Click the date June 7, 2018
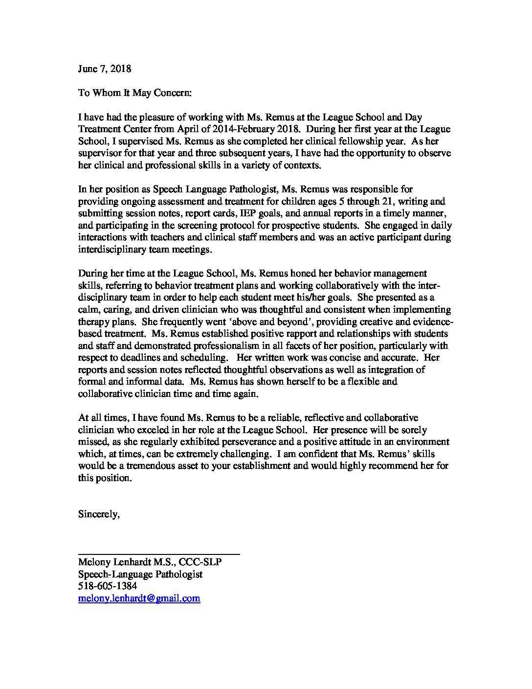(x=105, y=69)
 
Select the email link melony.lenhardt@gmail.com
(x=139, y=598)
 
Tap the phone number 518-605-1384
(x=108, y=586)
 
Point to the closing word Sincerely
(x=99, y=514)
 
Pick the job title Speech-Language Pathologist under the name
(x=140, y=574)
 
